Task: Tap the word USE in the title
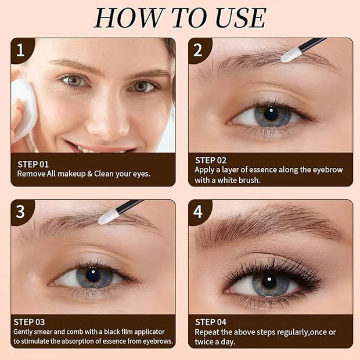pyautogui.click(x=240, y=18)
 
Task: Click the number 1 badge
pyautogui.click(x=22, y=51)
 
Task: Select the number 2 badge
pyautogui.click(x=199, y=51)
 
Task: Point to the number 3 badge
pyautogui.click(x=22, y=212)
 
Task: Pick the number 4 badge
pyautogui.click(x=199, y=212)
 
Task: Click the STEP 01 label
pyautogui.click(x=33, y=164)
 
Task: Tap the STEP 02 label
pyautogui.click(x=211, y=160)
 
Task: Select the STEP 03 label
pyautogui.click(x=29, y=322)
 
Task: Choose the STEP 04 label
pyautogui.click(x=211, y=322)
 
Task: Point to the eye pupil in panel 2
pyautogui.click(x=271, y=113)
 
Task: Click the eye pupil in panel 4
pyautogui.click(x=269, y=282)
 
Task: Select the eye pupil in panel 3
pyautogui.click(x=93, y=275)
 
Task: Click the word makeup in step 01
pyautogui.click(x=71, y=174)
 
